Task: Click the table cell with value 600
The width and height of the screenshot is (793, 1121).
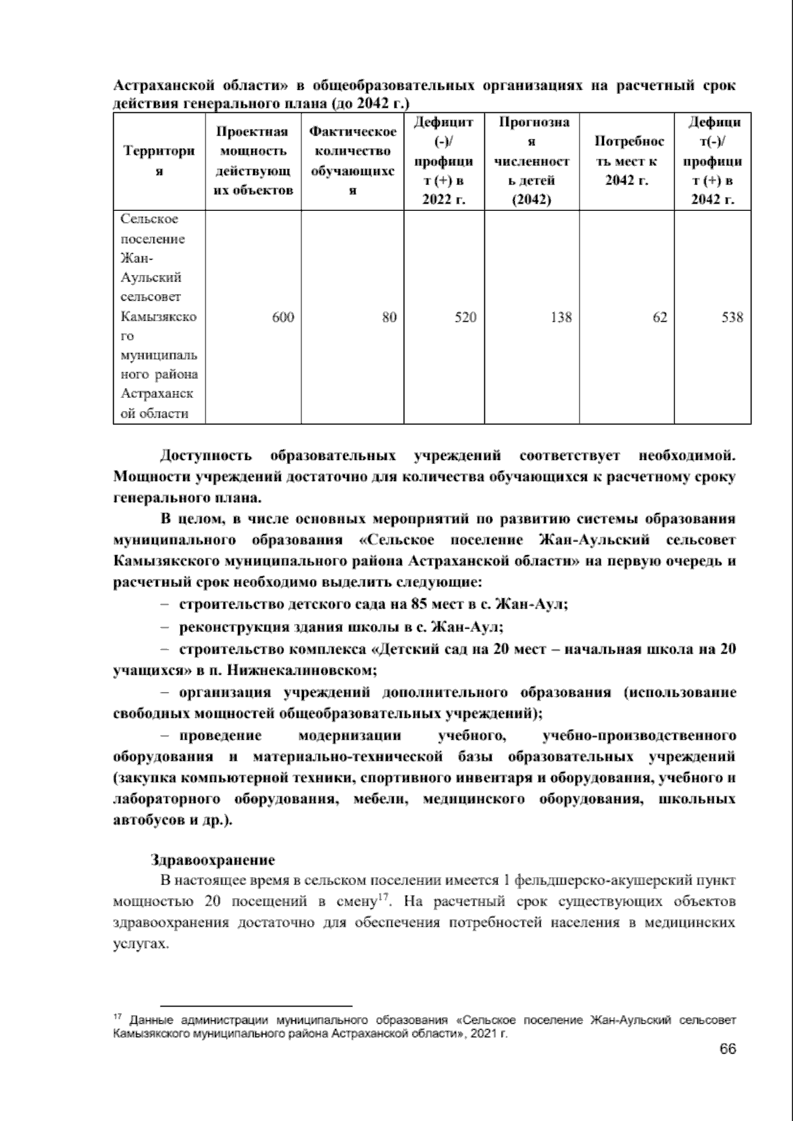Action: (283, 318)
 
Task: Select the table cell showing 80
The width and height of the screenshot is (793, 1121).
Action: (389, 318)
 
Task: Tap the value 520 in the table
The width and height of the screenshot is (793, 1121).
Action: (465, 318)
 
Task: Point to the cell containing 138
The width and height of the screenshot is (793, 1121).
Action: (561, 318)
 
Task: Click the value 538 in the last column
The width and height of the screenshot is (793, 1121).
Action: (732, 318)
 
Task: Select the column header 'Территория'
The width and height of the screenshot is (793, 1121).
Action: (159, 161)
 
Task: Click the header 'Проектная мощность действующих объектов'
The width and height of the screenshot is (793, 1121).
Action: (252, 161)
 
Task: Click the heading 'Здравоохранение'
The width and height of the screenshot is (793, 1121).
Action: (212, 861)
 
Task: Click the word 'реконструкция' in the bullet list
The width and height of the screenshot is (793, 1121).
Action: (223, 627)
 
